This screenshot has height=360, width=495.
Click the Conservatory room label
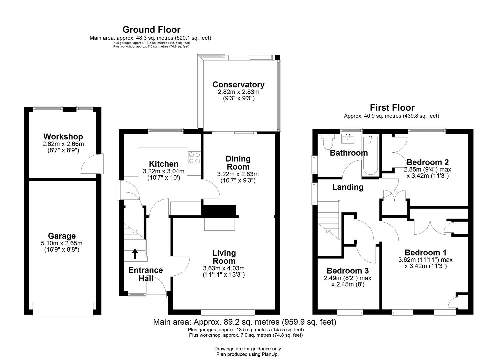pyautogui.click(x=238, y=85)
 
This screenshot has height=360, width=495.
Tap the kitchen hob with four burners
pyautogui.click(x=194, y=158)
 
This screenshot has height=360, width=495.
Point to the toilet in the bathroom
pyautogui.click(x=328, y=142)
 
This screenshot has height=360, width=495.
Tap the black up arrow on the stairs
pyautogui.click(x=135, y=254)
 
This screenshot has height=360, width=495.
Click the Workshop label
pyautogui.click(x=63, y=137)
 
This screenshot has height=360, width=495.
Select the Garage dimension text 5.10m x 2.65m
pyautogui.click(x=62, y=243)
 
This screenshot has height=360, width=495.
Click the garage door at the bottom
pyautogui.click(x=63, y=309)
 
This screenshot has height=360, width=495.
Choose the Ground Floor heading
pyautogui.click(x=151, y=30)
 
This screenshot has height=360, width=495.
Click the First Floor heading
pyautogui.click(x=392, y=108)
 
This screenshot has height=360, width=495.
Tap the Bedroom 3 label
pyautogui.click(x=347, y=271)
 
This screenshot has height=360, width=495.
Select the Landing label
pyautogui.click(x=348, y=187)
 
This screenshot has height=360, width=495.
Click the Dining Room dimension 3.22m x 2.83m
pyautogui.click(x=238, y=174)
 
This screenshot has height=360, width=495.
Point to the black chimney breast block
pyautogui.click(x=219, y=211)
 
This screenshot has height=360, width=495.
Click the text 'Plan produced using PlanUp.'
pyautogui.click(x=247, y=354)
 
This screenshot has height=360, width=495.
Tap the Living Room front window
pyautogui.click(x=228, y=312)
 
